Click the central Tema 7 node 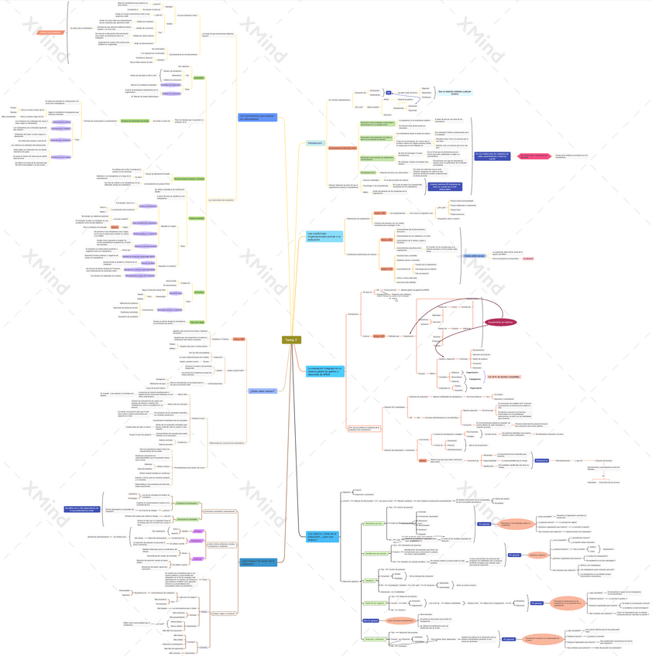[x=291, y=340]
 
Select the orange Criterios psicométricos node [x=50, y=32]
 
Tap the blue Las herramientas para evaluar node [x=257, y=118]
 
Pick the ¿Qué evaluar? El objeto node [x=258, y=562]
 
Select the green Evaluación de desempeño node [x=198, y=78]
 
